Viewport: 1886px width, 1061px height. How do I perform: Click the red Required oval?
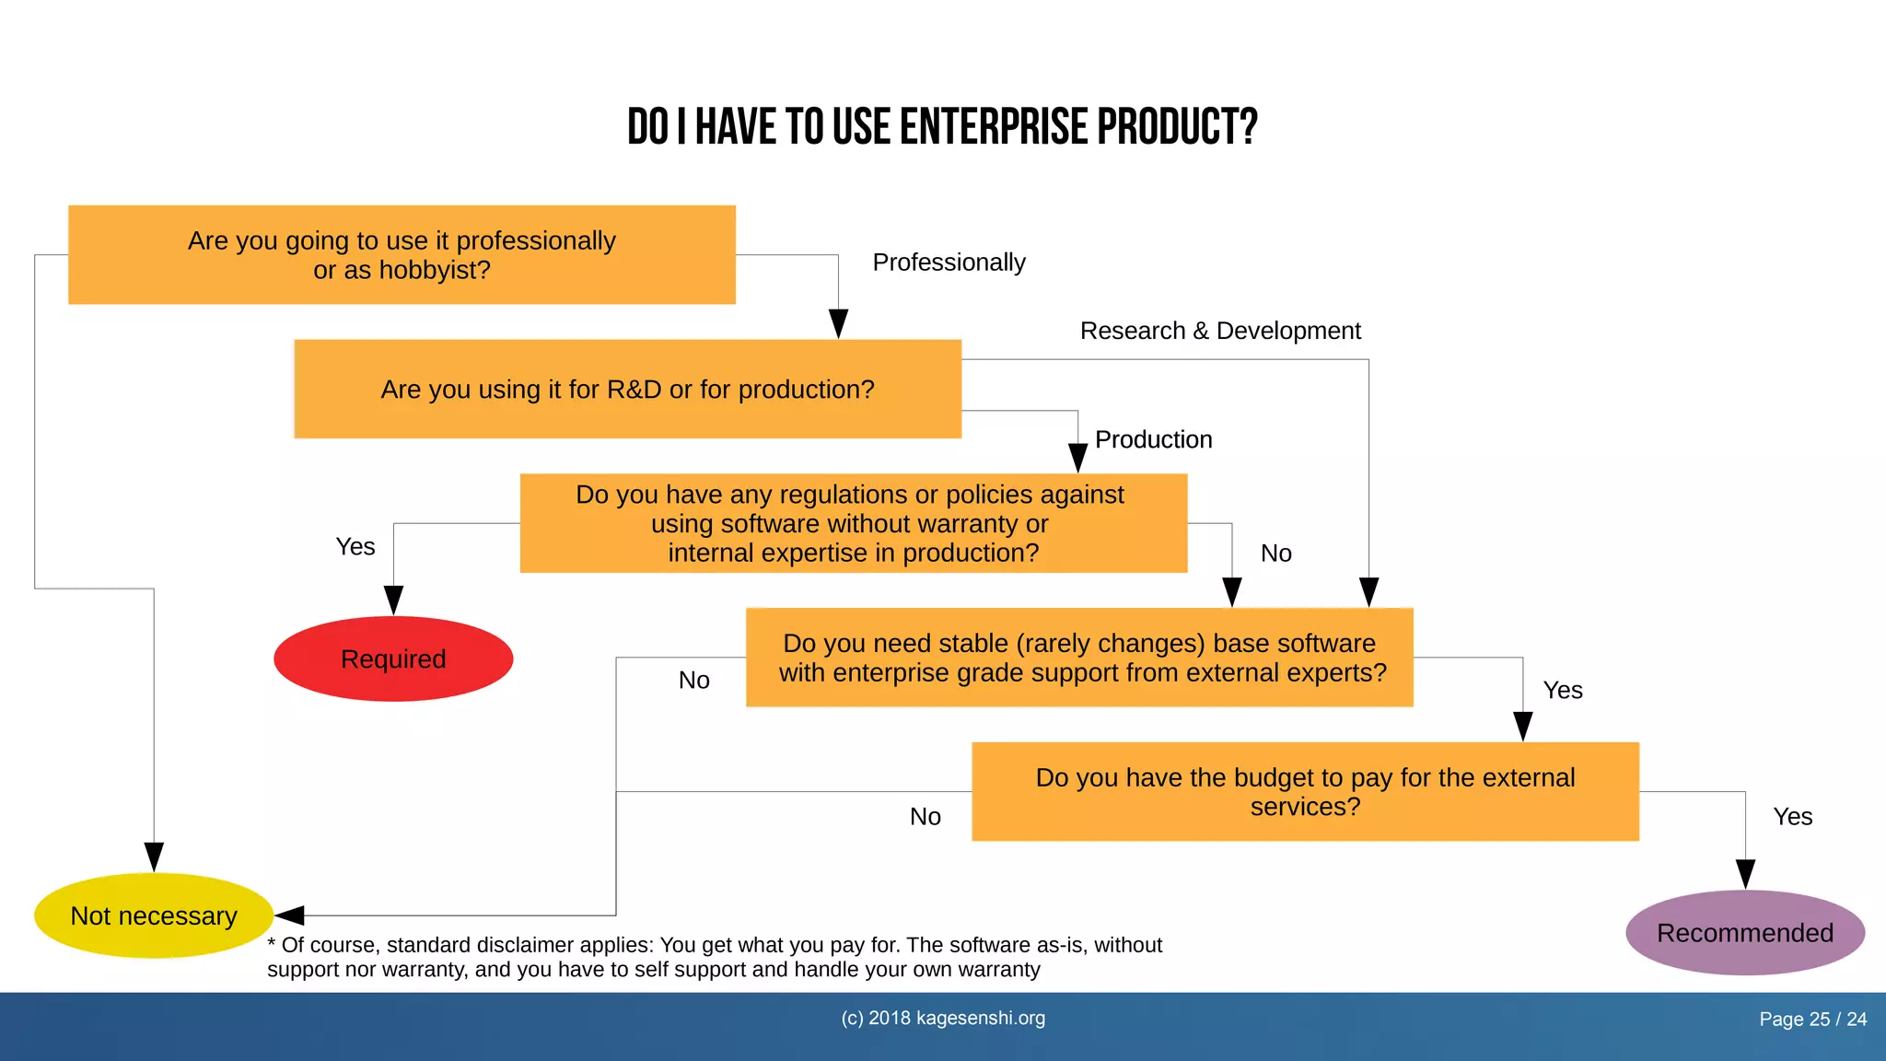[x=393, y=659]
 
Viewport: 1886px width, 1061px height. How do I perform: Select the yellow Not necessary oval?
[x=154, y=915]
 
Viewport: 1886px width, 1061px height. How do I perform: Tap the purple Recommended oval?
[x=1745, y=932]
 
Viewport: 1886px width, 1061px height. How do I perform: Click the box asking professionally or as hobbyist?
[x=402, y=255]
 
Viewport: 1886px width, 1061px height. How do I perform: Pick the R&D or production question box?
[x=627, y=389]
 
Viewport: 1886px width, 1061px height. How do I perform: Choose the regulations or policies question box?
[x=853, y=523]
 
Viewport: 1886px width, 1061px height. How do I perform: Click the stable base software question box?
[x=1079, y=658]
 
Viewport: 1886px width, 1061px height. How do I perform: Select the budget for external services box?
[x=1305, y=791]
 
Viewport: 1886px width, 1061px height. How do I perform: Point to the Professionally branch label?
[x=949, y=262]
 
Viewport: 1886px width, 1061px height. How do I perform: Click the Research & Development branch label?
[x=1220, y=331]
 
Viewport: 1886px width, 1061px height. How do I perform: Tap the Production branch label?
[x=1153, y=439]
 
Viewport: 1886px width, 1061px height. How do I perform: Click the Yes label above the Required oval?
[x=355, y=547]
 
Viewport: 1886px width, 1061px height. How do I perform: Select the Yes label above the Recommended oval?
[x=1792, y=817]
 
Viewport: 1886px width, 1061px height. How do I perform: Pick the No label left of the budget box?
[x=925, y=817]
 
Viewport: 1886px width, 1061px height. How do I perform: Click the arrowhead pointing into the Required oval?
[x=393, y=600]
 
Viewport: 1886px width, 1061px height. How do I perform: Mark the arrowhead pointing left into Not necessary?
[x=289, y=915]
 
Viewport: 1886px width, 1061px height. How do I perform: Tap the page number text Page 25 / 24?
[x=1812, y=1020]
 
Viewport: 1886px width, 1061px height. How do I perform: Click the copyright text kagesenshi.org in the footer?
[x=980, y=1019]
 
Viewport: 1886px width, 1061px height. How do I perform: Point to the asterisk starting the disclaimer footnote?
[x=272, y=944]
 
